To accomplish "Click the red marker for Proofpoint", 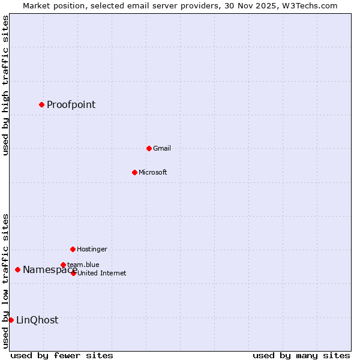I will point(41,105).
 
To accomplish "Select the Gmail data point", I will point(149,148).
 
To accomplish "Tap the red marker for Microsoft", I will point(134,173).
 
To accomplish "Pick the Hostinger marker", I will point(73,249).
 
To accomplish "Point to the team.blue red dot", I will point(63,265).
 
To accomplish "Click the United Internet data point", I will point(73,273).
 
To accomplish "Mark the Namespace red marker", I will point(17,270).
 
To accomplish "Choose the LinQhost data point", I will point(11,320).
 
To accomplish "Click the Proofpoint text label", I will point(71,105).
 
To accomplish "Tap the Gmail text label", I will point(162,149).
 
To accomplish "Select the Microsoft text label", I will point(152,173).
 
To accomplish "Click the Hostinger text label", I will point(92,249).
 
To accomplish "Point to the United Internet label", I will point(101,273).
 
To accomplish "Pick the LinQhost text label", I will point(37,320).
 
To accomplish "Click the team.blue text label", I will point(83,265).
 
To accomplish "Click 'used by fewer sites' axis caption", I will point(62,355).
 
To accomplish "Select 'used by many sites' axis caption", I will point(301,355).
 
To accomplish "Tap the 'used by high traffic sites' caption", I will point(6,85).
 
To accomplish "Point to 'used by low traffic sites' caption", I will point(6,281).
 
